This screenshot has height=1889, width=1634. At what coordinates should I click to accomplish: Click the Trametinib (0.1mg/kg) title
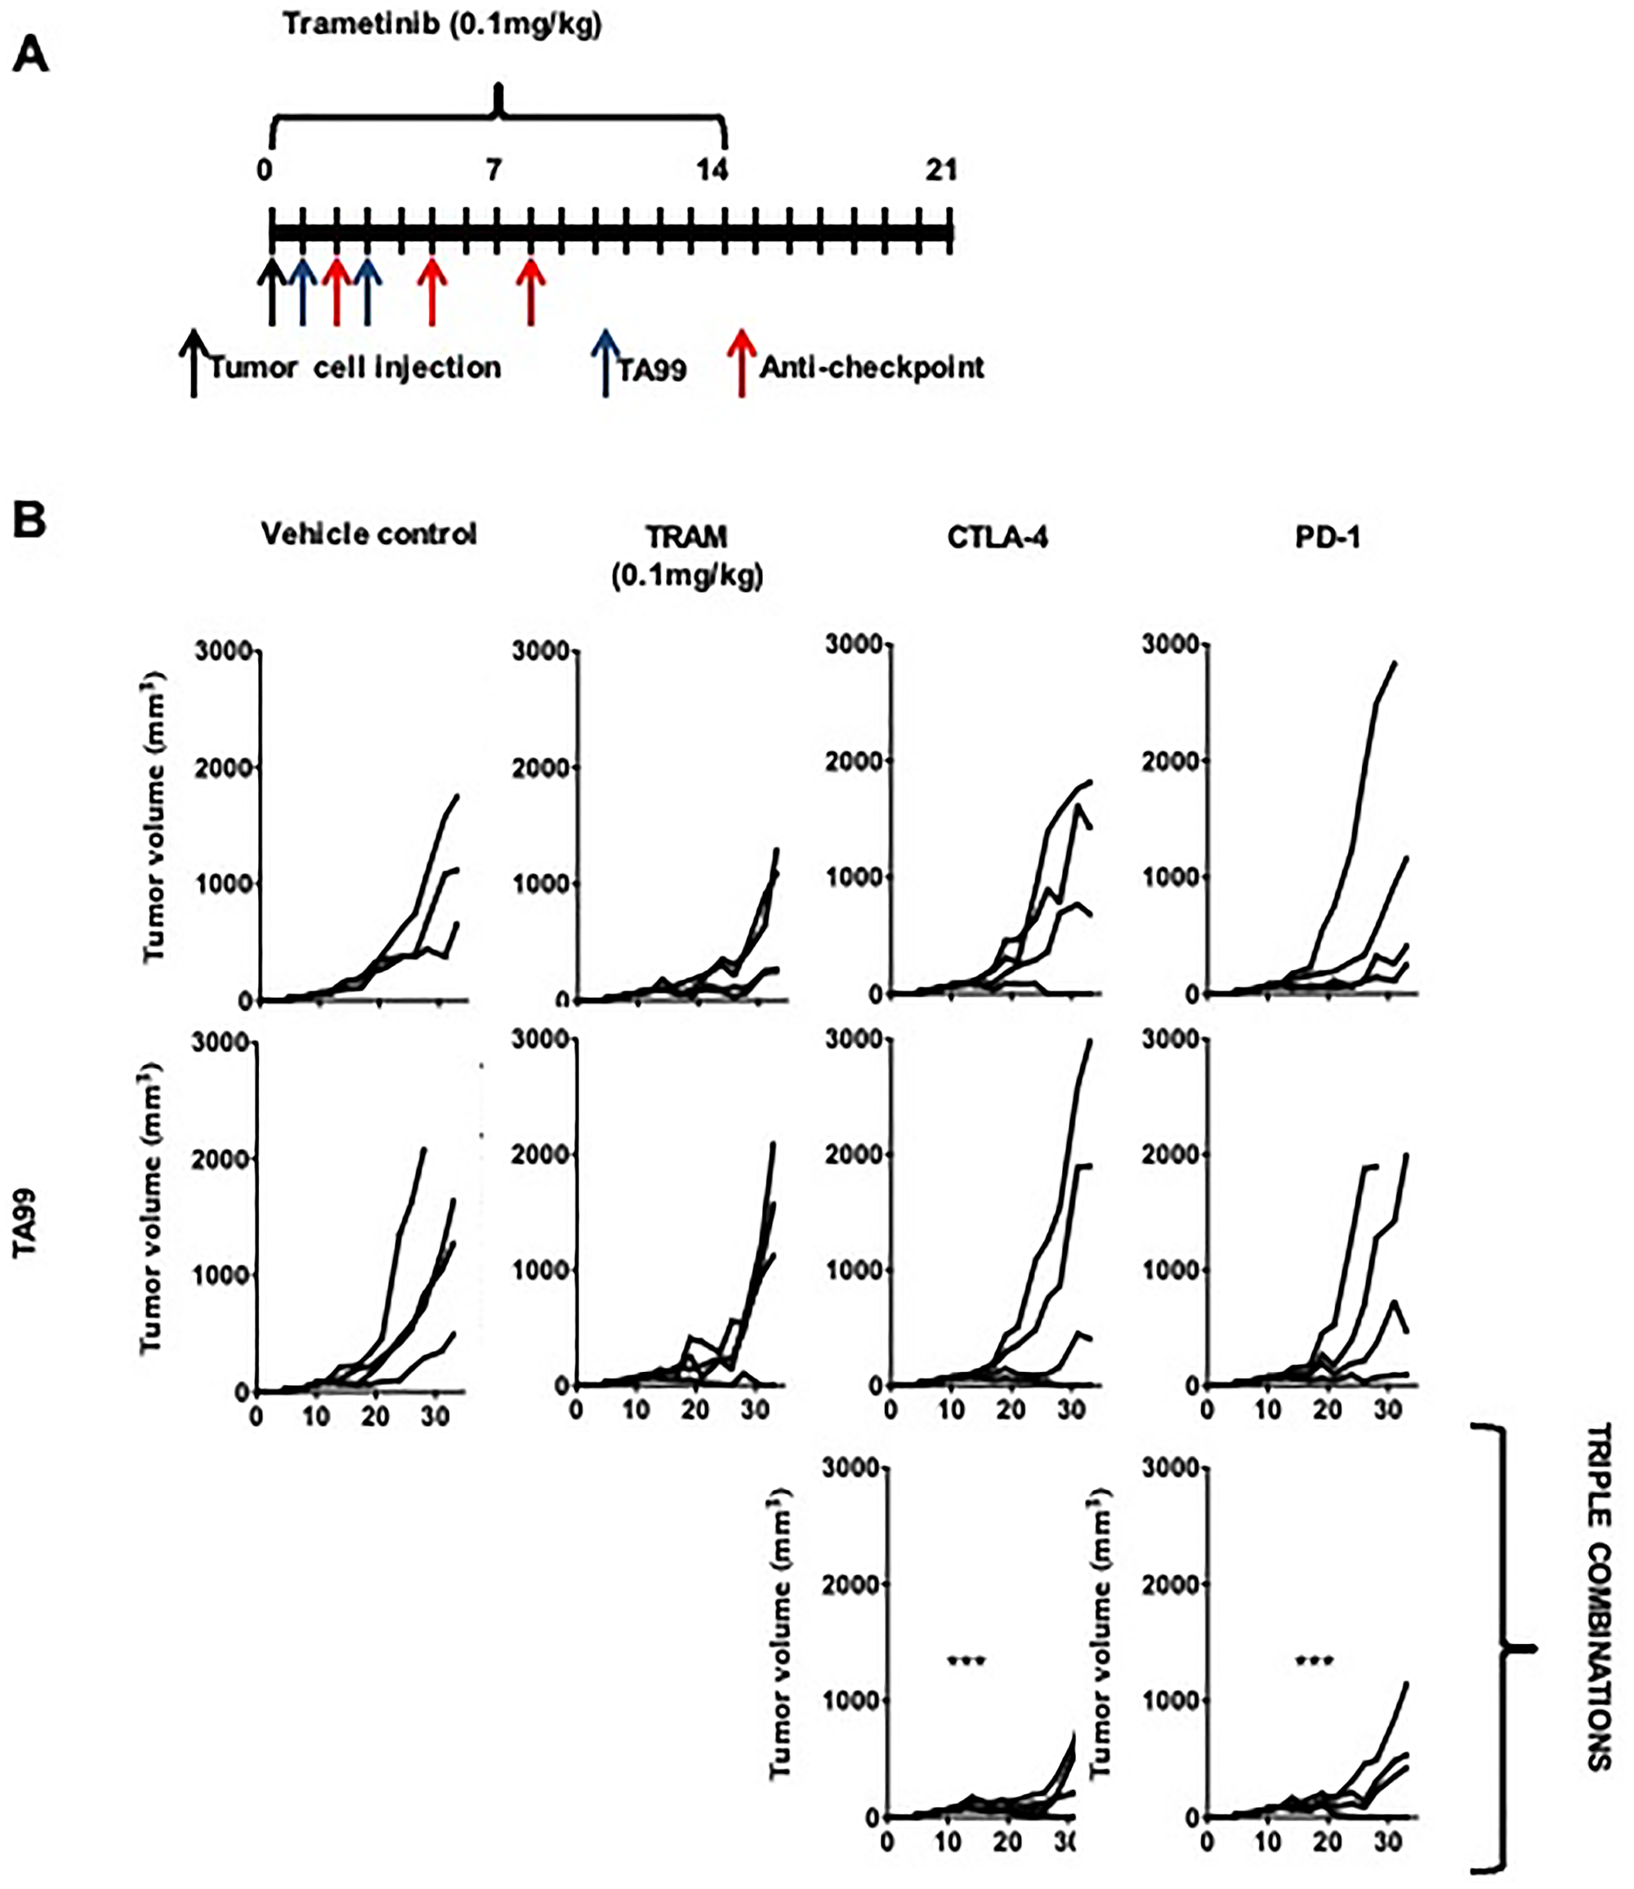pos(442,25)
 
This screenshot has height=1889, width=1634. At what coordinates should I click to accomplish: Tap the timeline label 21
pos(940,171)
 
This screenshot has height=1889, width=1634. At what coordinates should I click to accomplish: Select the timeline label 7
pos(493,171)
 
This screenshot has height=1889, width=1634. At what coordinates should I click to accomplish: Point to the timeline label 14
pos(712,171)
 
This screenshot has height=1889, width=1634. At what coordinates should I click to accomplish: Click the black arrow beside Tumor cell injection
pos(192,363)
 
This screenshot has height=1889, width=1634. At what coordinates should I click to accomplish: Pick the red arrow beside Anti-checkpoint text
pos(742,363)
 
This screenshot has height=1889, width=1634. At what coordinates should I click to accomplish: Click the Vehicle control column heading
pos(368,534)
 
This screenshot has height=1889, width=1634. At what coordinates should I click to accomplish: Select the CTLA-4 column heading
pos(998,537)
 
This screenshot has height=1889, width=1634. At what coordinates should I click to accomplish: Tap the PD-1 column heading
pos(1327,537)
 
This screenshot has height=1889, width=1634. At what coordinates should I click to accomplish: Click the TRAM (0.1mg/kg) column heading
pos(686,556)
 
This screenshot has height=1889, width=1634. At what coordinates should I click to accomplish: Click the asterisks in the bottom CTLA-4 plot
pos(967,1660)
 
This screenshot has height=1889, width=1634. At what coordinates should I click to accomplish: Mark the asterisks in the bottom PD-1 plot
pos(1315,1660)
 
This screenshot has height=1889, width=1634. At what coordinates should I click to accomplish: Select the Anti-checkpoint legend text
pos(872,368)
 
